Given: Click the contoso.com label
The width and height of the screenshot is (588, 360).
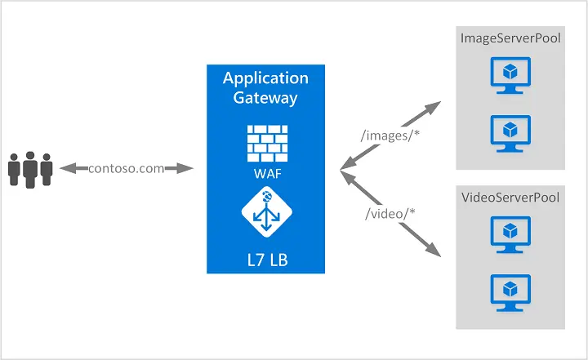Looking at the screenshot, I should [x=126, y=168].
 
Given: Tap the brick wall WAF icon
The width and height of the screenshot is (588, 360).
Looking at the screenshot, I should [x=266, y=142].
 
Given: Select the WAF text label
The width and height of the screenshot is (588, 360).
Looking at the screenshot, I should [x=266, y=174].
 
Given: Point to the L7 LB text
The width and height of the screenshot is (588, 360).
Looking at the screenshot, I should [x=266, y=261].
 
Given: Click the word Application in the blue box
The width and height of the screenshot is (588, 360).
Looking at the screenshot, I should [x=266, y=78].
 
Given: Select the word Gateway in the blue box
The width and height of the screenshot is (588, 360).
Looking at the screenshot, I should [x=266, y=98].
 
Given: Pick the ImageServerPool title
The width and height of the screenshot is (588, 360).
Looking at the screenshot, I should [x=510, y=38].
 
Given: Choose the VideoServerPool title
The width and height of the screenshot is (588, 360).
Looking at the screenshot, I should [x=510, y=198].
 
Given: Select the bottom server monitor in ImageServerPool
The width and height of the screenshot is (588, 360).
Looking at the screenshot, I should [x=510, y=132].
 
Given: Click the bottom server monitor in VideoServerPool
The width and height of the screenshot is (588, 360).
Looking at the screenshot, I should [x=510, y=291].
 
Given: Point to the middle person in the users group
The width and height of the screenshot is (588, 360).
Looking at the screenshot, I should [x=31, y=167].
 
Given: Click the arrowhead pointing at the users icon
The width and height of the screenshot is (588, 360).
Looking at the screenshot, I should [x=65, y=168].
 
